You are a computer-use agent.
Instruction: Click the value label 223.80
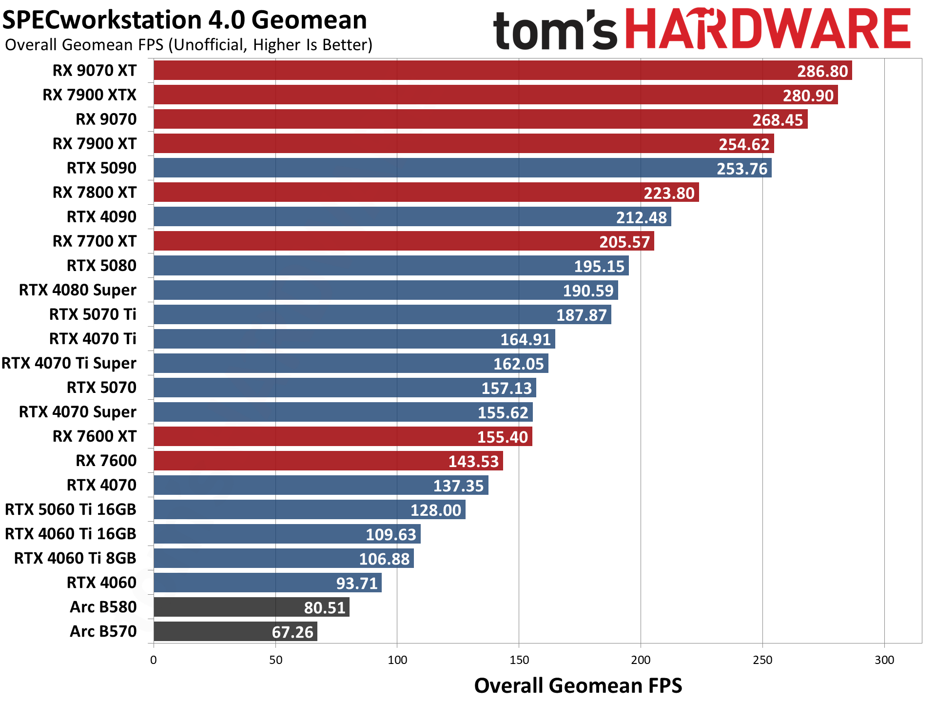click(669, 193)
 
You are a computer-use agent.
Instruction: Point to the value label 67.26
click(292, 632)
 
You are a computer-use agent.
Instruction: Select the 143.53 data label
click(473, 461)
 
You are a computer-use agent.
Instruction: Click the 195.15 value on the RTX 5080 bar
click(599, 266)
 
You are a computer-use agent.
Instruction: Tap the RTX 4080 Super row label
click(78, 290)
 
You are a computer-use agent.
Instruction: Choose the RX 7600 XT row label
click(95, 436)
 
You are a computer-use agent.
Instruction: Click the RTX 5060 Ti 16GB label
click(71, 509)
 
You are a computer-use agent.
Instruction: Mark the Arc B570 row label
click(103, 631)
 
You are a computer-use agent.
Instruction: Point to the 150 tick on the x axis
click(519, 660)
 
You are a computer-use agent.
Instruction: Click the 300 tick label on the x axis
click(884, 660)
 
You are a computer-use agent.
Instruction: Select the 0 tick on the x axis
click(154, 660)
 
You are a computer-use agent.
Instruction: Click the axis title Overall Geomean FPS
click(578, 685)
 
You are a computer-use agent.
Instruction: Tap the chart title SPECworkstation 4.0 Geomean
click(185, 20)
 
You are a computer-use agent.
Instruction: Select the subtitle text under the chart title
click(189, 45)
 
